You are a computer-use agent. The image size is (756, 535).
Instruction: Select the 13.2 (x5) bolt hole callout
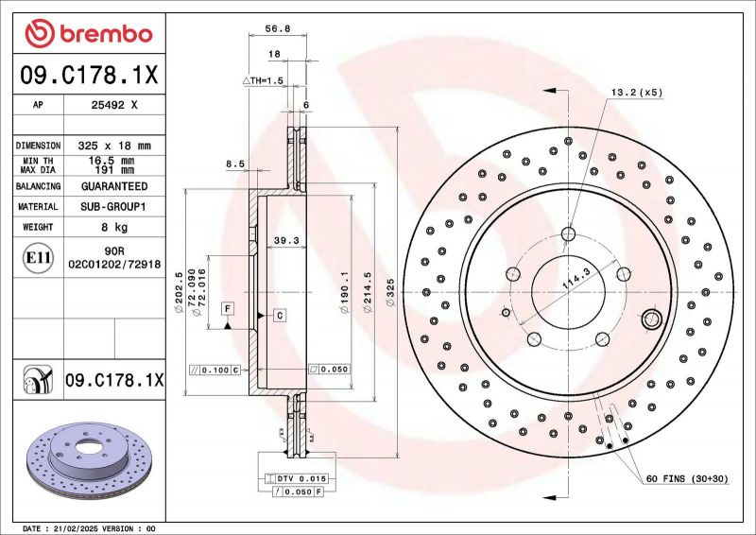click(x=637, y=92)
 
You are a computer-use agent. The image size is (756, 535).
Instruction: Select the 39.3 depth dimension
click(x=286, y=240)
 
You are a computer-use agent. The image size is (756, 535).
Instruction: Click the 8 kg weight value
click(x=114, y=227)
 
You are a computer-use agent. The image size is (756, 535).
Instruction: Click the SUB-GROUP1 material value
click(x=114, y=206)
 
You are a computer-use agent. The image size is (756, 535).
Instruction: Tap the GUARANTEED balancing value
click(x=114, y=186)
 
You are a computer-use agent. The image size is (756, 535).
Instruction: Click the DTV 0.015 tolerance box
click(x=297, y=480)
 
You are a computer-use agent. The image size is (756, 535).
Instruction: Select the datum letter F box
click(x=227, y=308)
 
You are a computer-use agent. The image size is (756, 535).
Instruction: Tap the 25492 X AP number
click(x=114, y=106)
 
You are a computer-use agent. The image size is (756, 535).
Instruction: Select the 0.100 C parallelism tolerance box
click(x=216, y=370)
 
